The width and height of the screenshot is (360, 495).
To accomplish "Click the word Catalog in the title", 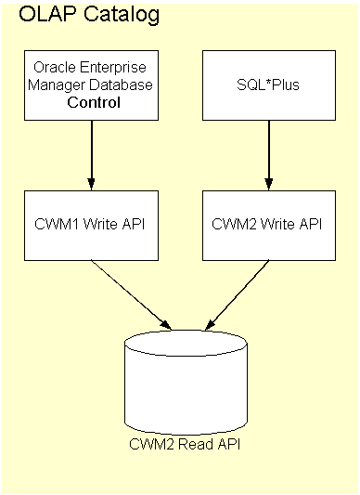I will click(x=113, y=15).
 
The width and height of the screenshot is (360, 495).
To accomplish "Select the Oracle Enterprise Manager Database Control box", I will click(x=90, y=85).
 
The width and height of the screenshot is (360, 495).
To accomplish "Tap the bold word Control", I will click(x=91, y=102).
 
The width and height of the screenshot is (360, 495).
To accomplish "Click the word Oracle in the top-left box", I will click(x=52, y=68).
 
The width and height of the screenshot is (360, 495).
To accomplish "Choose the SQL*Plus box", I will click(x=269, y=85).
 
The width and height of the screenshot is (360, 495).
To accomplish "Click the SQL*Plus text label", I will click(x=269, y=85).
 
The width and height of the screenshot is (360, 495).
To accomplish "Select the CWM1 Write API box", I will click(x=90, y=224).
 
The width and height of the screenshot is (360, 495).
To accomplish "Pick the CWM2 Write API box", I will click(x=269, y=224).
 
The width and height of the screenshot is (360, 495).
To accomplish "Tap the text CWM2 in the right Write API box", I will click(x=233, y=224).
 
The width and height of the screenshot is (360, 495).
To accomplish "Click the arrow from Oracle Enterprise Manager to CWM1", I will click(x=91, y=153).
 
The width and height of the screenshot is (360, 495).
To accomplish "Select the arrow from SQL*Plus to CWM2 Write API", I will click(x=269, y=153).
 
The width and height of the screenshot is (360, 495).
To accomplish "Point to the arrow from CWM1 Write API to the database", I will click(x=130, y=293).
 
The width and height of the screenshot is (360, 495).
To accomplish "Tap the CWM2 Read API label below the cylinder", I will click(x=186, y=443).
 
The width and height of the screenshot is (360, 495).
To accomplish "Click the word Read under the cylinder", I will click(x=190, y=443).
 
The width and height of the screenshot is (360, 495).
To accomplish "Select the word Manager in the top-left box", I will click(x=58, y=85).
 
